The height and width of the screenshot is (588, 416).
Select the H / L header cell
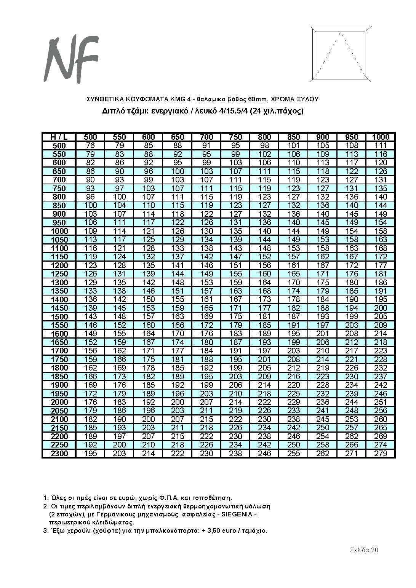pos(59,137)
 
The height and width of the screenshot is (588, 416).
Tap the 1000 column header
pos(381,137)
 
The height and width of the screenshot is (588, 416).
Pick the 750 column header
pos(236,137)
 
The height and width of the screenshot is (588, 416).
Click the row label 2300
pos(59,454)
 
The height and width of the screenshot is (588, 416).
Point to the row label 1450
pos(59,308)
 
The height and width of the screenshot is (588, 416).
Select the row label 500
pos(59,145)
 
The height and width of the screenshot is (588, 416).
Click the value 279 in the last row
pos(381,454)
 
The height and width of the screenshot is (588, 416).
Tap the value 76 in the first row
pos(90,145)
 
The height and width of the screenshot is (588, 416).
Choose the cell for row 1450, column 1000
pos(381,308)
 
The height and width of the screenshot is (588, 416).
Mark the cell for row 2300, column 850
pos(294,454)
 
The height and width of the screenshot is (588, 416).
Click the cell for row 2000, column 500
pos(90,402)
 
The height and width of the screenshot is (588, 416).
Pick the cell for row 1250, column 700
pos(206,274)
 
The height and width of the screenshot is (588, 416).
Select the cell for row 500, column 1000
pos(381,145)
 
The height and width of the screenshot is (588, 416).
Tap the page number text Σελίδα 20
pos(364,550)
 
